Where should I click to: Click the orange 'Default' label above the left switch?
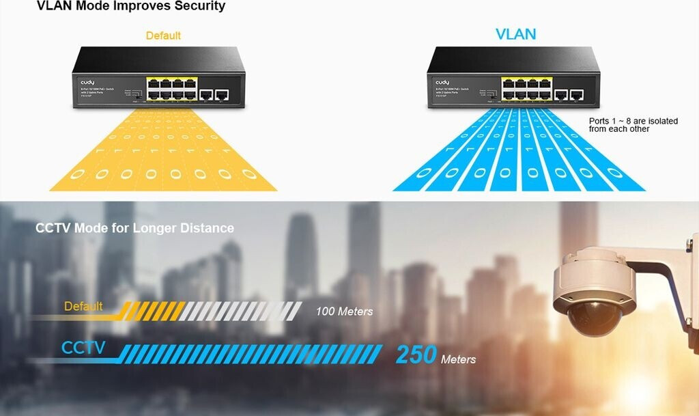[163, 36]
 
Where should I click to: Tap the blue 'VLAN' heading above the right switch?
[515, 34]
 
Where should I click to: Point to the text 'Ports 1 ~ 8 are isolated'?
[633, 121]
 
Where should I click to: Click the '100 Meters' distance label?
[344, 311]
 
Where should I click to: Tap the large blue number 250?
[416, 355]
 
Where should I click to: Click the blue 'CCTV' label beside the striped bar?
[83, 348]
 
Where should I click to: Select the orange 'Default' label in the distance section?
[83, 306]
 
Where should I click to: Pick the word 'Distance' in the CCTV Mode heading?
[206, 228]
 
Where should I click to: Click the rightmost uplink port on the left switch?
[222, 95]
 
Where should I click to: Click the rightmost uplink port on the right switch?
[577, 95]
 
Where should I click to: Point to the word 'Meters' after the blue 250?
[458, 359]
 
